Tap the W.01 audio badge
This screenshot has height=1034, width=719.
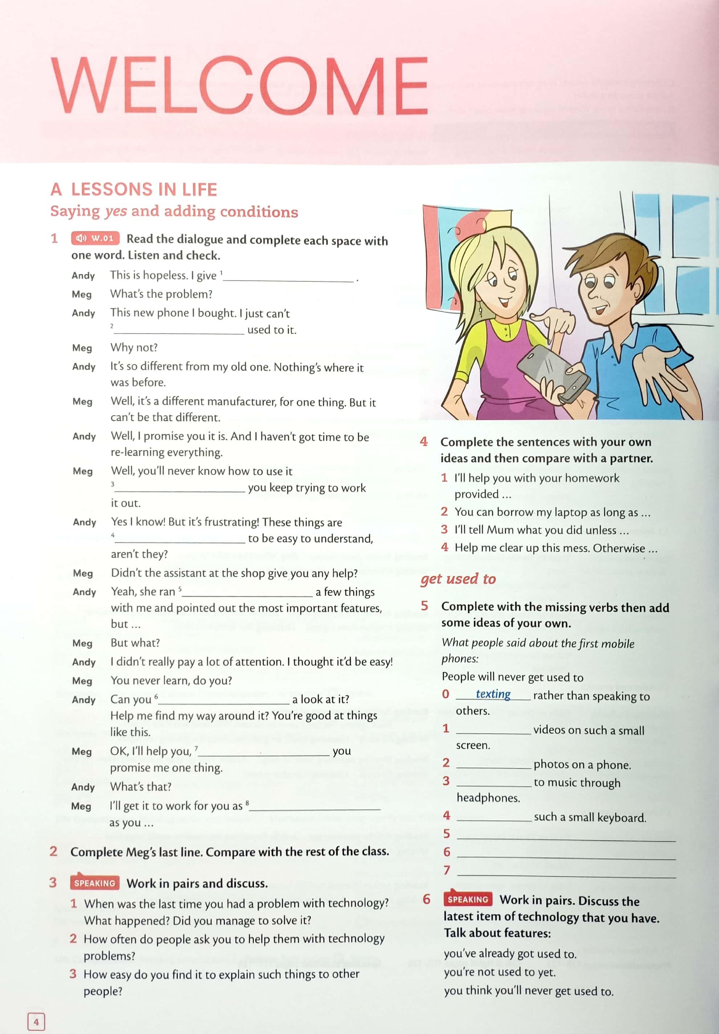(95, 238)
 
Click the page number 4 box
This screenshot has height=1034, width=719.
(36, 1021)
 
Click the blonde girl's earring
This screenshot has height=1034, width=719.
(480, 310)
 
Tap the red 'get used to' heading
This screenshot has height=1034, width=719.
(458, 579)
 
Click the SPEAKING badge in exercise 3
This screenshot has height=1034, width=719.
(95, 883)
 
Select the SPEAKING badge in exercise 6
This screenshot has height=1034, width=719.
(468, 899)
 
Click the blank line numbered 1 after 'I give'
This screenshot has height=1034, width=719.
(288, 278)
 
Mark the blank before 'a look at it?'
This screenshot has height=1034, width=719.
(224, 701)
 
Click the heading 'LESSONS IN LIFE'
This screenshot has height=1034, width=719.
(144, 190)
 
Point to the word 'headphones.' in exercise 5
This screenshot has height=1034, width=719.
(488, 798)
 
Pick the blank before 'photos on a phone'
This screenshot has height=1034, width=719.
(494, 765)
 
